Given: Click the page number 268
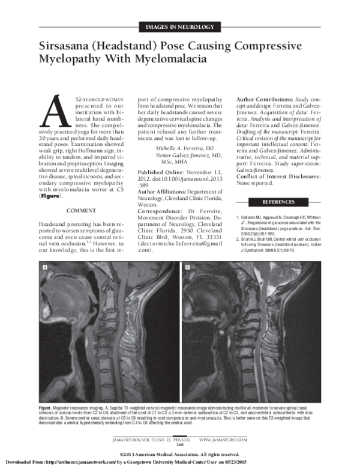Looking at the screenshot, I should (x=179, y=443).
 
